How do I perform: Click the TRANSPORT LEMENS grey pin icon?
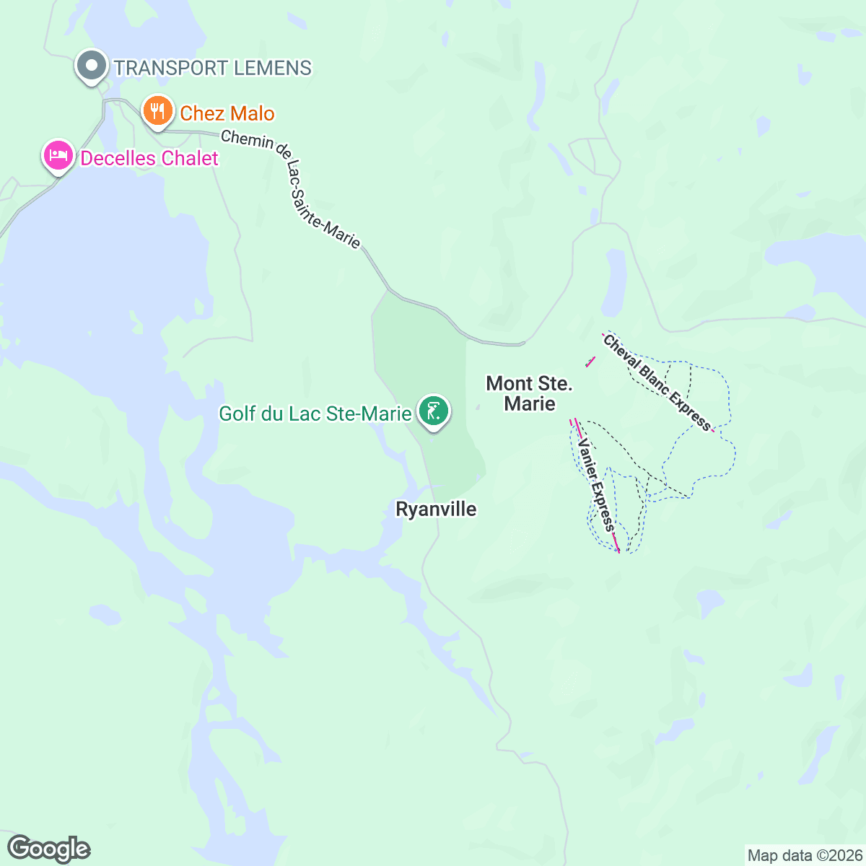point(92,66)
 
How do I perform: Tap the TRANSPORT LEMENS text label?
point(213,68)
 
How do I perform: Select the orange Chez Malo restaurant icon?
point(157,111)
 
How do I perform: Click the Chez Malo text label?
point(227,113)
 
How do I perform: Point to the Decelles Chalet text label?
point(149,158)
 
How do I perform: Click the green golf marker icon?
point(434,411)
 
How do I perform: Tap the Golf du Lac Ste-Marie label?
point(315,414)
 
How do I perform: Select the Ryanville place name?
point(436,509)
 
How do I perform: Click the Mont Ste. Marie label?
point(530,393)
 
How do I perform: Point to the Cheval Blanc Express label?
point(657,382)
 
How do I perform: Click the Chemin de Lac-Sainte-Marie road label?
point(290,188)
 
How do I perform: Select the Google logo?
point(48,849)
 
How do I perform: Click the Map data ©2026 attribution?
point(805,856)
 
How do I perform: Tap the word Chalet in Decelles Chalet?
point(191,158)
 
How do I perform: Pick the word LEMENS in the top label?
point(273,68)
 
